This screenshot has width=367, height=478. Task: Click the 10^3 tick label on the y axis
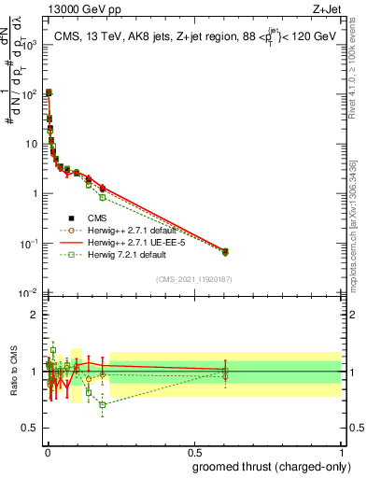28,45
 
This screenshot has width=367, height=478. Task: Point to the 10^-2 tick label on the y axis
28,293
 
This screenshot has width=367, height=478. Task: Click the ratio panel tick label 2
34,315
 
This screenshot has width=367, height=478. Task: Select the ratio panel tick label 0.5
30,428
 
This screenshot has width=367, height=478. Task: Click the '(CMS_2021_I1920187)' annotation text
192,278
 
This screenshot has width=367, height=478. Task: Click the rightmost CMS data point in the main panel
224,251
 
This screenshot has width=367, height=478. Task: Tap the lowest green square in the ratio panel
103,404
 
